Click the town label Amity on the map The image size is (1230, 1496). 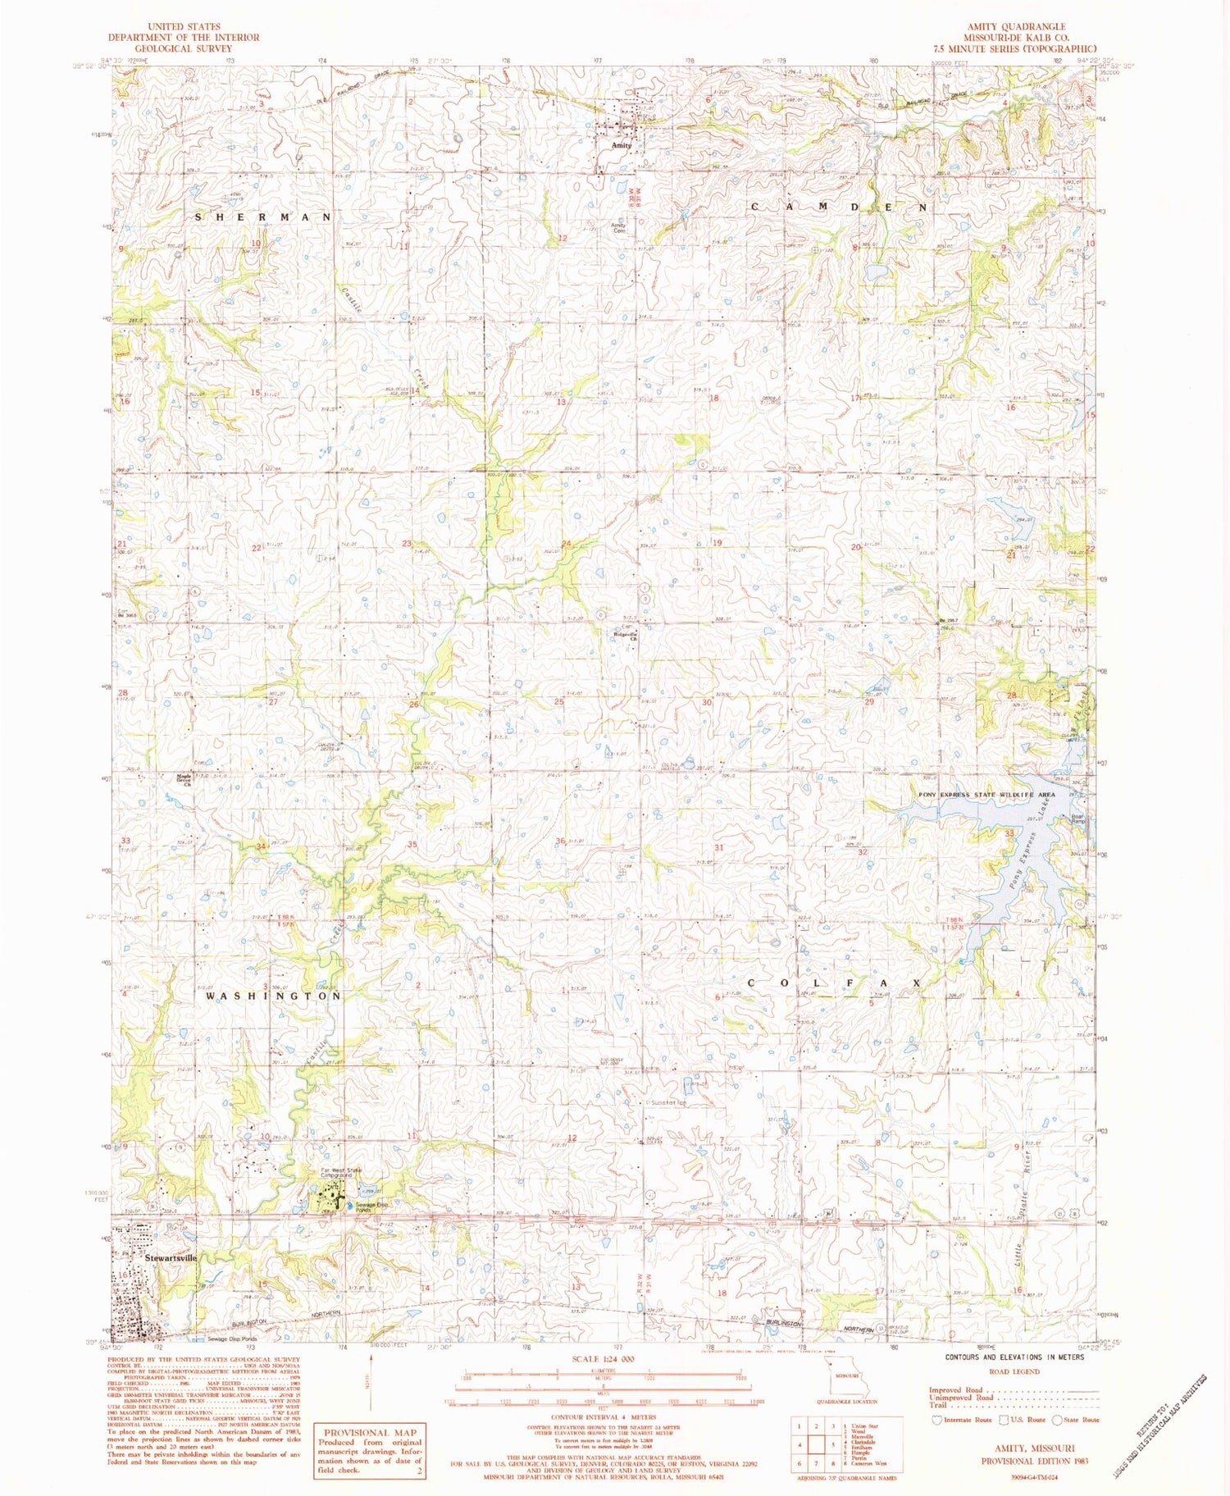tap(622, 145)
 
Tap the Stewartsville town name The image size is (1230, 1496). tap(172, 1256)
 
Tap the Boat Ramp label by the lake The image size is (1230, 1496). tap(1077, 819)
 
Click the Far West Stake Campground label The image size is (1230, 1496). tap(341, 1172)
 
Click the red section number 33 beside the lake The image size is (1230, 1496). tap(1010, 833)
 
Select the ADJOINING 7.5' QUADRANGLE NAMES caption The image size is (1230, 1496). tap(845, 1479)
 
